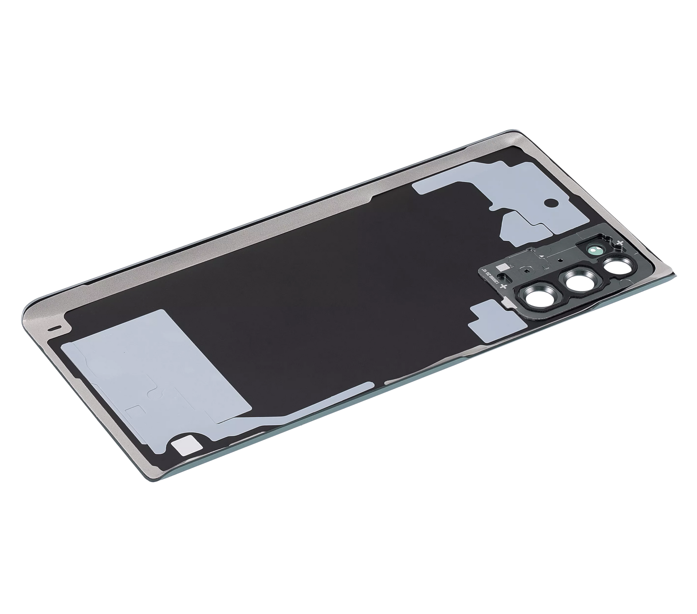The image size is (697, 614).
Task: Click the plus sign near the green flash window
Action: pyautogui.click(x=620, y=243)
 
